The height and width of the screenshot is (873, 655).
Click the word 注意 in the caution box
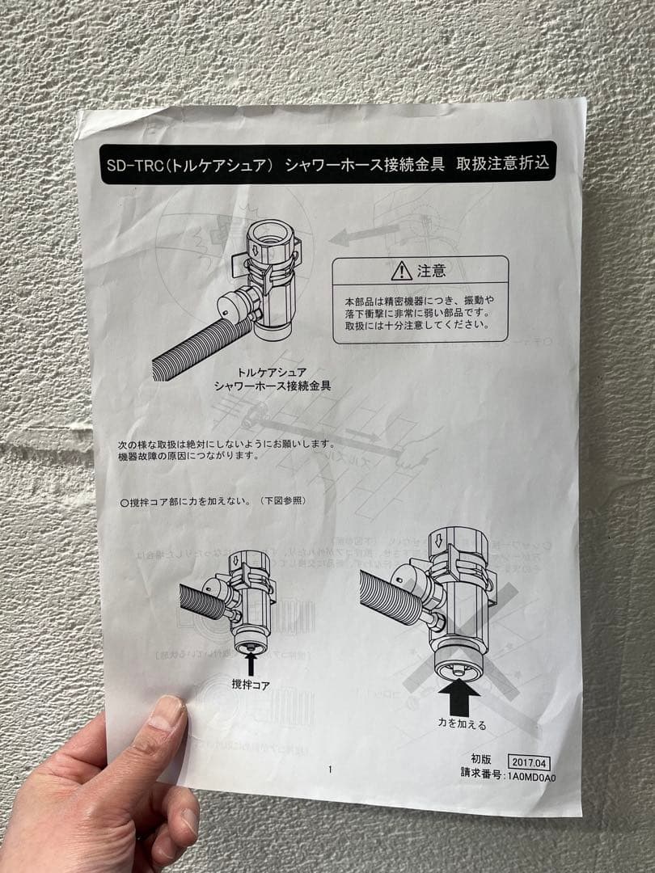tap(431, 271)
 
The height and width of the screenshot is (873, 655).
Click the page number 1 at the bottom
tap(330, 770)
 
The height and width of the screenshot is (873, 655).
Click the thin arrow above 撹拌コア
tap(250, 662)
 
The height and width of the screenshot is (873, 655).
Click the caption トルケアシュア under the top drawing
tap(272, 373)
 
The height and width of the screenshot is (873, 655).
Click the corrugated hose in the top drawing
tap(198, 348)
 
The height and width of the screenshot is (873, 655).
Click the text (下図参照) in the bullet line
tap(283, 501)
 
